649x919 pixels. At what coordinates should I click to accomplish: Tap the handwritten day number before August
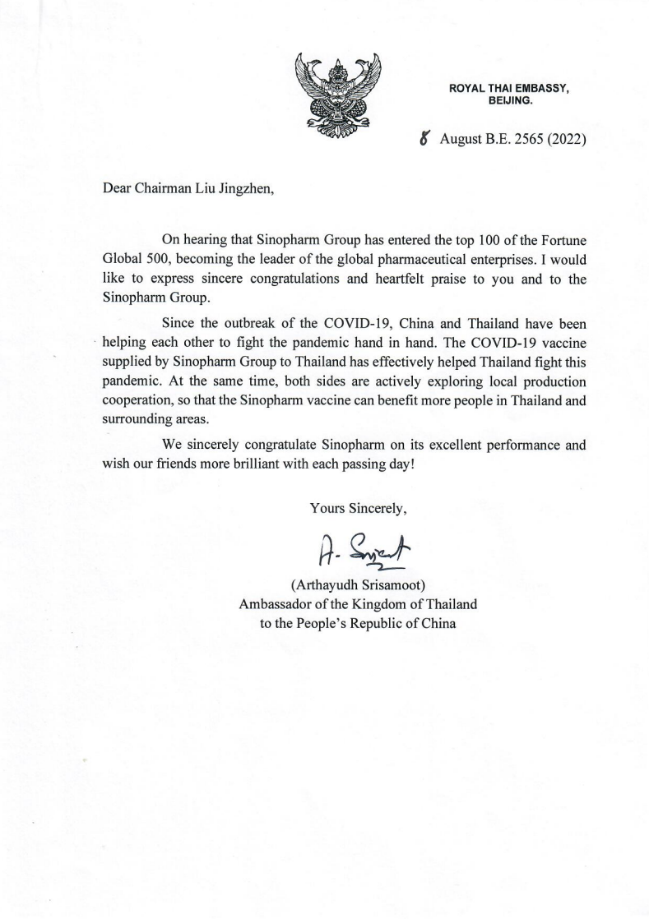coord(424,139)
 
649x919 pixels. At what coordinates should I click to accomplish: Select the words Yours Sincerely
coord(359,508)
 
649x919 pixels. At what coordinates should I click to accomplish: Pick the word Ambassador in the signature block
coord(278,604)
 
